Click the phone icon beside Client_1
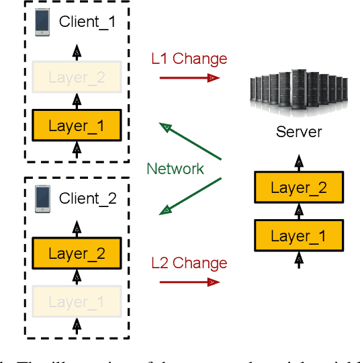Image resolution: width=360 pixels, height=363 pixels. pos(42,22)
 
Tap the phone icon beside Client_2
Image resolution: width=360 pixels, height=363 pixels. pos(42,198)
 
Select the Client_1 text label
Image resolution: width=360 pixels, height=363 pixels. pos(87,22)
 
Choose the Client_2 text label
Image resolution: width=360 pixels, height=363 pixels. pos(87,198)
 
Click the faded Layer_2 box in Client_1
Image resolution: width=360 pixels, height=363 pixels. pos(77,77)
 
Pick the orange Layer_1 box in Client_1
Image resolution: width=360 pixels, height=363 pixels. pos(77,125)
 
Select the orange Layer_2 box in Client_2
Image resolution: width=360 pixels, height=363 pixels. pos(77,253)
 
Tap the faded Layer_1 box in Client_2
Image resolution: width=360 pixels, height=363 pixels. pos(77,302)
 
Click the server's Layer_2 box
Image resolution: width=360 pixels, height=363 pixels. pos(298,188)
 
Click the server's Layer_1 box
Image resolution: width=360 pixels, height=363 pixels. pos(298,236)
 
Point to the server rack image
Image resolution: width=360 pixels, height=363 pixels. pos(299,91)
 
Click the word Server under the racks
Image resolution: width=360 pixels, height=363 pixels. pos(299,131)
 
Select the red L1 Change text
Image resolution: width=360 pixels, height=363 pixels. pos(189,58)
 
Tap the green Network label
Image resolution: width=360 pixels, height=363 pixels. pos(175,169)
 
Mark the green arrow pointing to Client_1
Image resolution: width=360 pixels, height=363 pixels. pos(191,140)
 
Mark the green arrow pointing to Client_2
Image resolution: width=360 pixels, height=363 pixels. pos(191,196)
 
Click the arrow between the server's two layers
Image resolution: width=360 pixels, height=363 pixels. pos(298,212)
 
